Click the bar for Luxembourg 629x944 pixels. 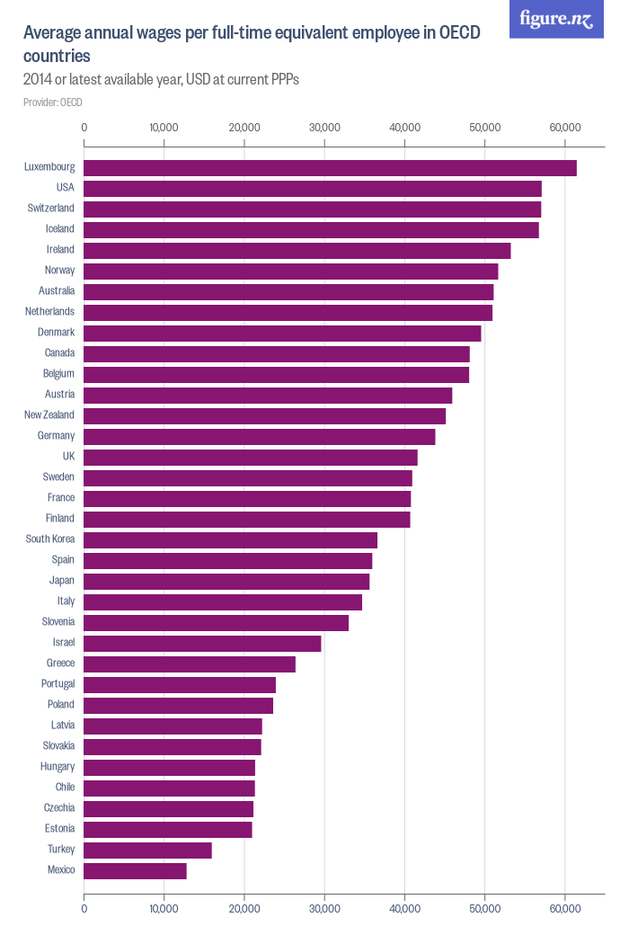tap(330, 167)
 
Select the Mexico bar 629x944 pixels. tap(135, 870)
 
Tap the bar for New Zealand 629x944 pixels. tap(264, 415)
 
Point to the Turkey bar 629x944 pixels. tap(147, 850)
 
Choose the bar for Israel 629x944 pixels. tap(202, 643)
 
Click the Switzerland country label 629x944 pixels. tap(50, 209)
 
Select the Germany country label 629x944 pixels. tap(57, 436)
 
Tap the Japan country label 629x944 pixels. tap(62, 581)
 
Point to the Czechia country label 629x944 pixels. tap(59, 808)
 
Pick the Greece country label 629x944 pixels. tap(60, 663)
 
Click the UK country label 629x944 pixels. tap(68, 457)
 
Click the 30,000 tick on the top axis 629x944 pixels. tap(324, 128)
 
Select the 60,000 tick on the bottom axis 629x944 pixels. tap(565, 908)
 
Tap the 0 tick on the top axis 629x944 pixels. tap(84, 128)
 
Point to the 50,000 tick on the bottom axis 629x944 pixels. tap(485, 908)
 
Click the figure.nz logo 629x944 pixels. tap(556, 19)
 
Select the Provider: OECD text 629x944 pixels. tap(53, 102)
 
